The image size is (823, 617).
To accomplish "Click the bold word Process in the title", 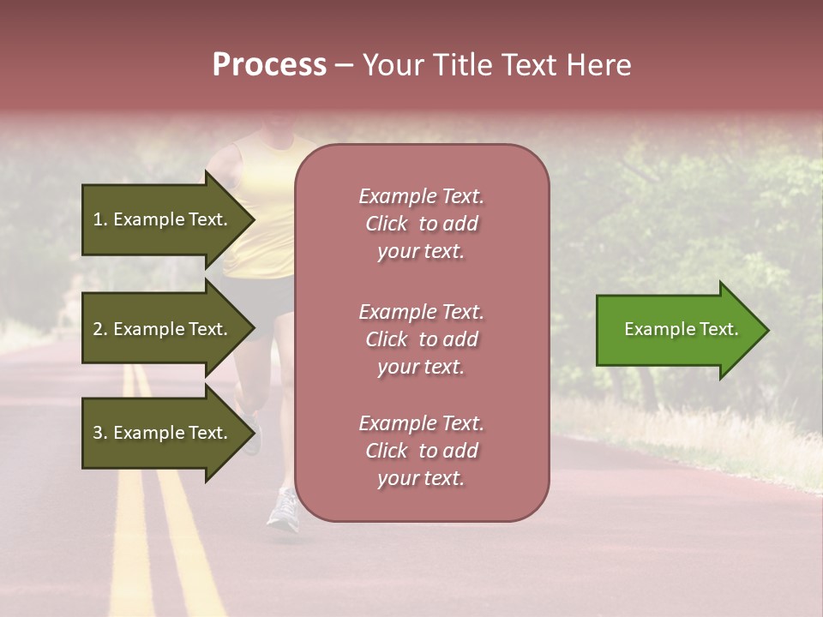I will pyautogui.click(x=269, y=65).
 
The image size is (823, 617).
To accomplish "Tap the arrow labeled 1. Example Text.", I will pyautogui.click(x=161, y=219).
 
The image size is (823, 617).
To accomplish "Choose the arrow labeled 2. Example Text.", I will pyautogui.click(x=161, y=329).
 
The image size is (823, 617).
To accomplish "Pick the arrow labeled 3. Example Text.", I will pyautogui.click(x=161, y=433).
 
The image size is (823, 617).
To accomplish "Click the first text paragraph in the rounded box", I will pyautogui.click(x=421, y=224).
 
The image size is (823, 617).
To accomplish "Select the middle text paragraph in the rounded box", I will pyautogui.click(x=421, y=339).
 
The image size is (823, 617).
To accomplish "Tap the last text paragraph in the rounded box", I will pyautogui.click(x=421, y=451).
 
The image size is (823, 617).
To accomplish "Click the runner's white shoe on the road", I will pyautogui.click(x=283, y=510).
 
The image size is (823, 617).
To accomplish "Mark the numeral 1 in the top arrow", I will pyautogui.click(x=98, y=219).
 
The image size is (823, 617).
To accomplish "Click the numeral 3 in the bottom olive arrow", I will pyautogui.click(x=98, y=433).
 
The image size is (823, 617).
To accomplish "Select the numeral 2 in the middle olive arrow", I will pyautogui.click(x=98, y=329).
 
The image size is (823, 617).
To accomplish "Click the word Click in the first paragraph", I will pyautogui.click(x=387, y=224).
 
